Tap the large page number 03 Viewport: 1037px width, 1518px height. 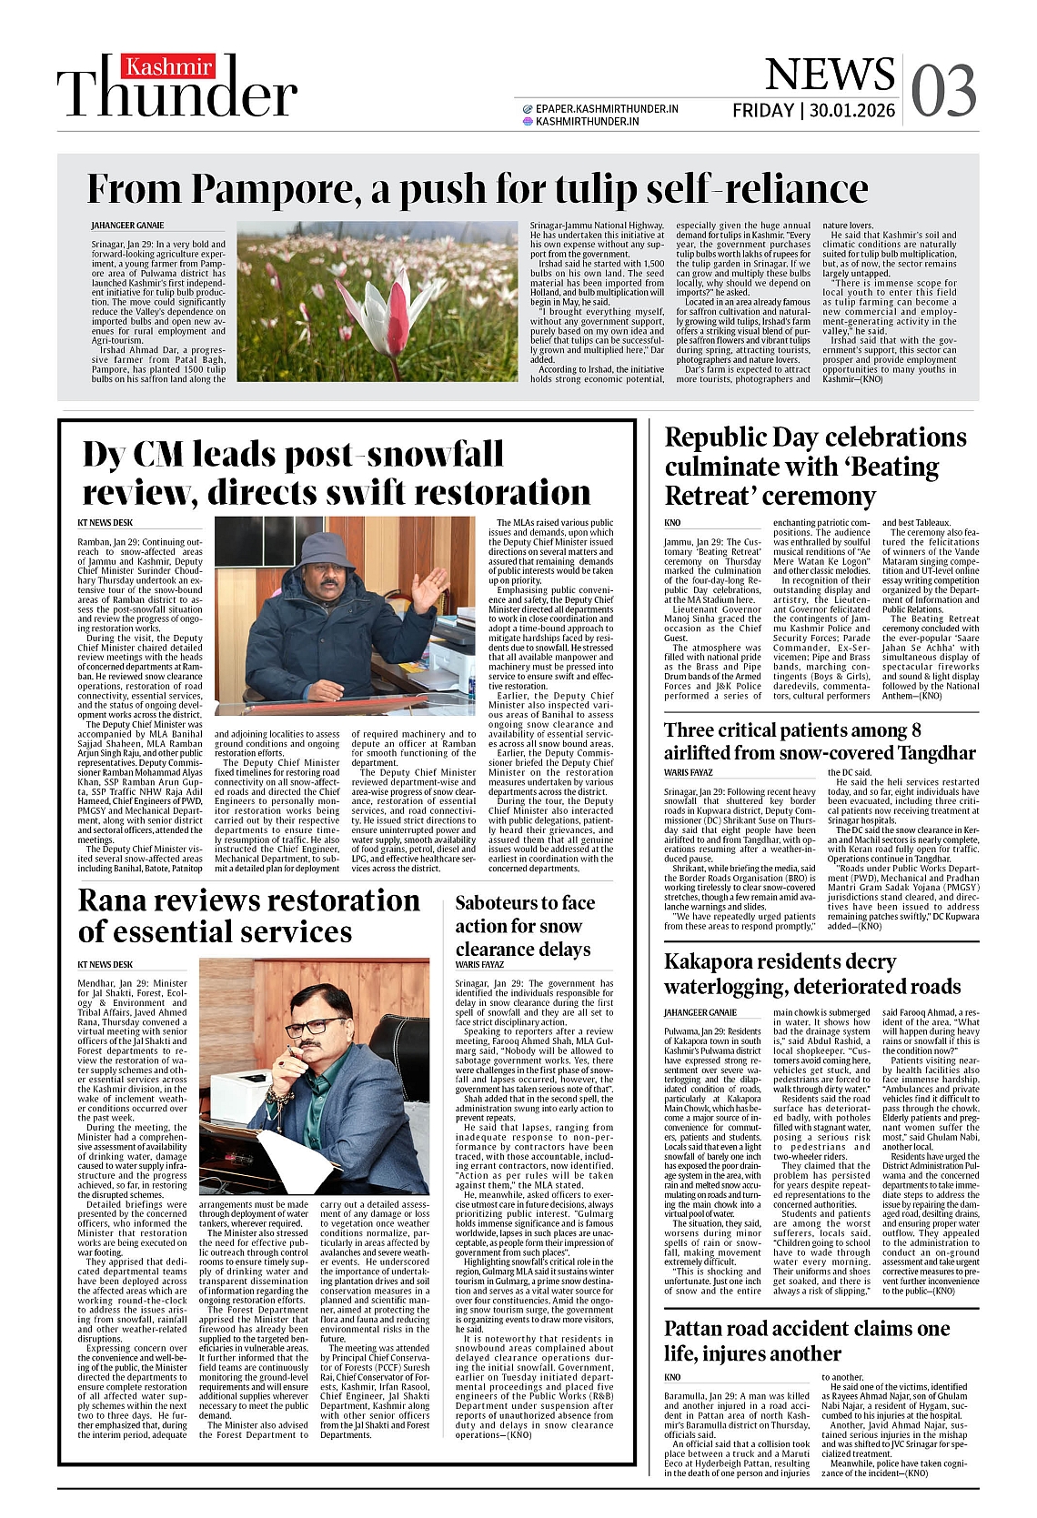pos(943,92)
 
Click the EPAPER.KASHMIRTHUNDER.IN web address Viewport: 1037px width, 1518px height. pos(607,108)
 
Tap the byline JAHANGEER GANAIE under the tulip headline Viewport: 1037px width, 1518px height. pos(127,226)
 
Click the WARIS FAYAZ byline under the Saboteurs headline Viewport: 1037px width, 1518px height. pos(479,965)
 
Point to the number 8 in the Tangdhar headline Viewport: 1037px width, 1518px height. pos(916,730)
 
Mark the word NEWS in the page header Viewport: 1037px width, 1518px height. pos(817,75)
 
